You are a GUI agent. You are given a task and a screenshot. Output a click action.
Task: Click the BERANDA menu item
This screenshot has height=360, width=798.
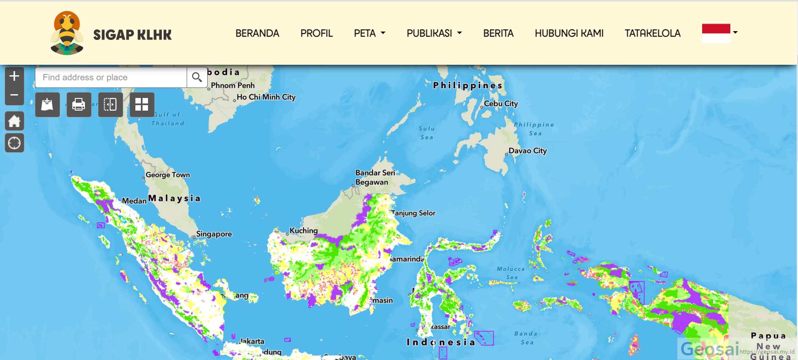click(257, 33)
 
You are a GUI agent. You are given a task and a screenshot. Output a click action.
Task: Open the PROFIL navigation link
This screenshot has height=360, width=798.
click(316, 33)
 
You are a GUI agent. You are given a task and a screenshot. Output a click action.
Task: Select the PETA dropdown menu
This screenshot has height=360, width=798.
click(369, 33)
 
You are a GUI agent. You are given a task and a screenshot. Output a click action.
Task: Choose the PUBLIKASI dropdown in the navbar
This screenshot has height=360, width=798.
click(434, 33)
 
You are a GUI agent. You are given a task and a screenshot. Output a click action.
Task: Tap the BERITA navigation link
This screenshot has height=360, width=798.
click(498, 33)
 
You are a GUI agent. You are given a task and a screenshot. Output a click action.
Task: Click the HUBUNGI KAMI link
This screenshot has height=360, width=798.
click(569, 33)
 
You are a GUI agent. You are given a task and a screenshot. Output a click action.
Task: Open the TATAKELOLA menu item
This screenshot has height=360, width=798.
click(652, 33)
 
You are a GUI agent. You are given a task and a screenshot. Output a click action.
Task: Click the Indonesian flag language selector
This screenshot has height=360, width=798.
click(716, 33)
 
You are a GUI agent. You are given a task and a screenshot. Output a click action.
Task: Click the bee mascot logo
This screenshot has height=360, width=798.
click(67, 33)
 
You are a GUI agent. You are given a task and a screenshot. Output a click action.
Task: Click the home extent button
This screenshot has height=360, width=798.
click(14, 121)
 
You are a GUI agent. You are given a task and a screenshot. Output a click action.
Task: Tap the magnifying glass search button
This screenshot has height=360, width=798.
click(197, 77)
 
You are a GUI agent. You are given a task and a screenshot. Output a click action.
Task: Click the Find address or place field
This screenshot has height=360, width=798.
click(111, 77)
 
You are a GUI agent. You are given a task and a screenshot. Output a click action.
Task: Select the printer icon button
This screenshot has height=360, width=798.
click(79, 104)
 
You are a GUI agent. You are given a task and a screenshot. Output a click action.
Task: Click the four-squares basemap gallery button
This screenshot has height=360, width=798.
click(142, 104)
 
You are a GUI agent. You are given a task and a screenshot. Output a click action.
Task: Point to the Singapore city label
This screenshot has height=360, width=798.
click(214, 234)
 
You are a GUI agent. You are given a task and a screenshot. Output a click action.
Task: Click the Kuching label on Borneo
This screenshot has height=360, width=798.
click(303, 230)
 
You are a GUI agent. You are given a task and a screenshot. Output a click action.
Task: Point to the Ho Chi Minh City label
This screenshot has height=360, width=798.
click(266, 97)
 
